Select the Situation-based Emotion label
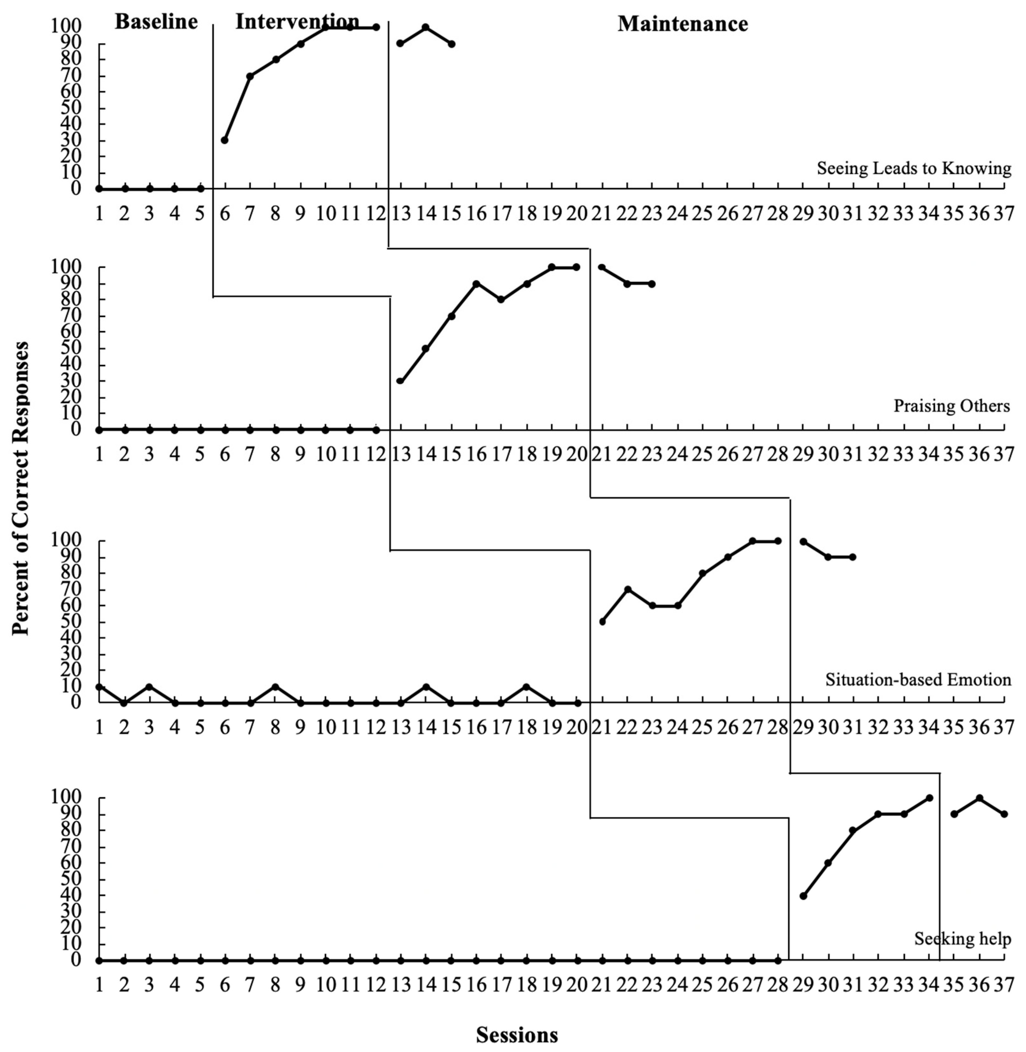918,680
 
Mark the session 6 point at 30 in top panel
225,140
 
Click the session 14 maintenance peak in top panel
426,27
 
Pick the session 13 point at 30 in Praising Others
400,381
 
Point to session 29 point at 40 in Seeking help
803,896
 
